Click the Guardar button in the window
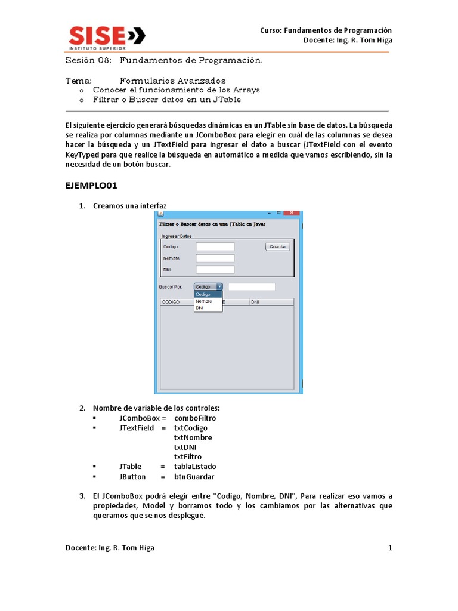pos(277,246)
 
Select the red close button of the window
pos(292,213)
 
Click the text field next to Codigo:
pos(215,246)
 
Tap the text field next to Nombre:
pos(215,258)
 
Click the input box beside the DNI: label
pos(215,269)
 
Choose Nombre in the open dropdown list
pos(203,301)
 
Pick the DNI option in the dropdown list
pos(200,308)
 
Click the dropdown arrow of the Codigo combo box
pos(219,286)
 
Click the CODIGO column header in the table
pos(171,303)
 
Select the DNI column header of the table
pos(255,303)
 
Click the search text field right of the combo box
pos(252,287)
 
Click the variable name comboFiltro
pos(195,418)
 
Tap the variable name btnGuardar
pos(194,477)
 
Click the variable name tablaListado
pos(195,467)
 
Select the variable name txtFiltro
pos(187,457)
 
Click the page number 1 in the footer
pos(390,548)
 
